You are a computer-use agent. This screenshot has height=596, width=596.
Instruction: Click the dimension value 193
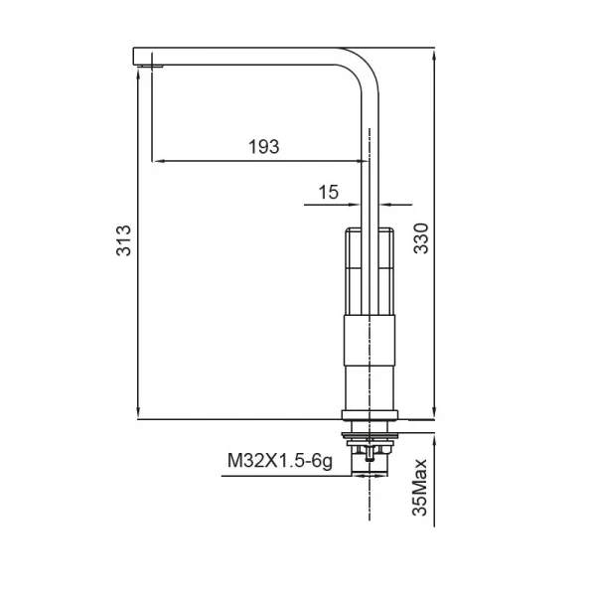(x=263, y=147)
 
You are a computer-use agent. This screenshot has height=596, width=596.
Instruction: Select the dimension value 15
(x=328, y=192)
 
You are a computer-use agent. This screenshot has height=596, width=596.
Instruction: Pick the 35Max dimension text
(x=421, y=487)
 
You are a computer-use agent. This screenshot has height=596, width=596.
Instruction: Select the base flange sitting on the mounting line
(x=369, y=413)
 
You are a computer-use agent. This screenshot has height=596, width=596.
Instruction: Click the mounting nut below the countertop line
(x=369, y=434)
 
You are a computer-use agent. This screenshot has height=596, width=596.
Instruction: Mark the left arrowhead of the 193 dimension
(x=155, y=160)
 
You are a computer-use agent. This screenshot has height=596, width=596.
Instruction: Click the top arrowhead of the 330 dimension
(x=435, y=51)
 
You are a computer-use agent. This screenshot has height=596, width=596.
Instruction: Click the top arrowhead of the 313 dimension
(x=137, y=74)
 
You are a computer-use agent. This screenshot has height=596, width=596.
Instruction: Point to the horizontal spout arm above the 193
(x=248, y=55)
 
